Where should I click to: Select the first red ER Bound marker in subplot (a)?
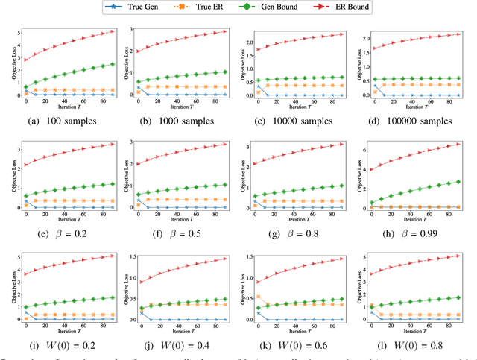click(x=26, y=60)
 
